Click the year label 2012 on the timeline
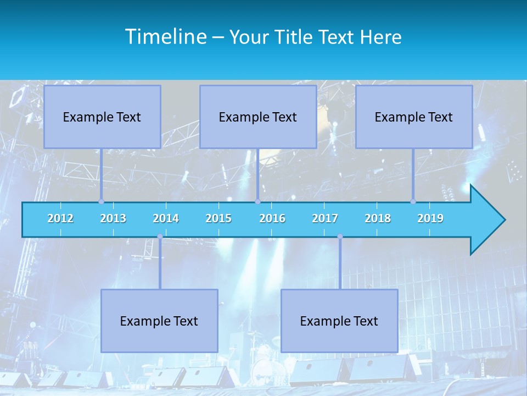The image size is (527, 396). tap(60, 218)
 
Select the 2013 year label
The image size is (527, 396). tap(113, 218)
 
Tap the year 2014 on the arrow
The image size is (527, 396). tap(166, 218)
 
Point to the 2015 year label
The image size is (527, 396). tap(218, 218)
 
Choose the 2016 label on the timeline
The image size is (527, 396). tap(272, 218)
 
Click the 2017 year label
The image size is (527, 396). tap(325, 218)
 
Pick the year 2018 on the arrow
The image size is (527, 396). tap(378, 218)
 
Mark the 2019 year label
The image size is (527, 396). tap(430, 218)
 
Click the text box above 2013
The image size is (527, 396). tap(102, 117)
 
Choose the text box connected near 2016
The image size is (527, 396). tap(258, 117)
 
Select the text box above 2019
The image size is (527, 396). tap(414, 117)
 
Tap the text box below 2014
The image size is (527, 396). tap(159, 321)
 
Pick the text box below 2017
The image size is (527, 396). tap(339, 321)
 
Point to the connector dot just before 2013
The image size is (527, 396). tap(101, 202)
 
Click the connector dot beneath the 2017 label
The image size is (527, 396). tap(340, 237)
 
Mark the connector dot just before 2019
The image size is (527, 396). tap(413, 202)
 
